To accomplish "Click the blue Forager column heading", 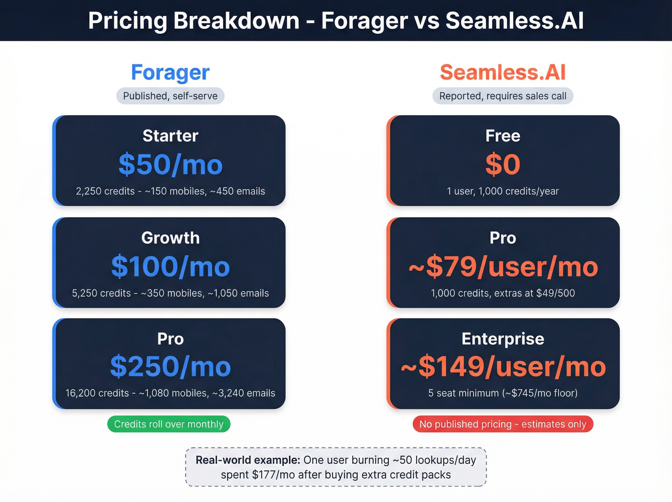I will coord(170,73).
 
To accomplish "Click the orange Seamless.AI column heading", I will coord(503,73).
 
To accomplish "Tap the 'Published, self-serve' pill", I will coord(170,96).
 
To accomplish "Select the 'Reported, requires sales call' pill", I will coord(503,96).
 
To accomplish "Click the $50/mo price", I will coord(170,165).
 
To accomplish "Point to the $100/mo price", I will coord(170,267).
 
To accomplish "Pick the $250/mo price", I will coord(170,367).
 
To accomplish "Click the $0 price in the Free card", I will coord(503,165).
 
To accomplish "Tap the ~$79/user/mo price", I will coord(503,267).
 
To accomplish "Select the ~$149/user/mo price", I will coord(503,367).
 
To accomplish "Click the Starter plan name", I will coord(170,136).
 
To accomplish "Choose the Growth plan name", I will coord(170,238).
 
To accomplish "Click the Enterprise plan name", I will coord(503,339).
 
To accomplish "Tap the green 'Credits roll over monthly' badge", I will coord(169,424).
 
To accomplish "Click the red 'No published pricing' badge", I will coord(503,424).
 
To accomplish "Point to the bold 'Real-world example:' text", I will coord(248,460).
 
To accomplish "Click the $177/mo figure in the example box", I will coord(273,475).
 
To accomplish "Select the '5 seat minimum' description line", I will coord(503,393).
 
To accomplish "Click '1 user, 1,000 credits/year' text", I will coord(503,191).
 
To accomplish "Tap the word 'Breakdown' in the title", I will coord(236,21).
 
